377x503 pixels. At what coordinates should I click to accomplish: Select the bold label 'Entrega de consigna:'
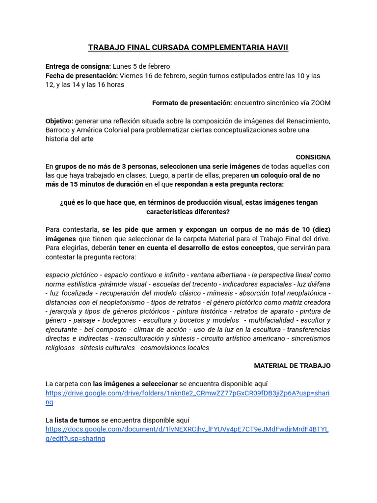[x=78, y=66]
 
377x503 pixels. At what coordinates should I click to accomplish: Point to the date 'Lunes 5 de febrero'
[x=141, y=66]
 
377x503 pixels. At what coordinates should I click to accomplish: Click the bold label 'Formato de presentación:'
[x=192, y=103]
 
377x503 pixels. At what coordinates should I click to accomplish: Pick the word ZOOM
[x=320, y=103]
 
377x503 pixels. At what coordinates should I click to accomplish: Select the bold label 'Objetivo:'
[x=59, y=121]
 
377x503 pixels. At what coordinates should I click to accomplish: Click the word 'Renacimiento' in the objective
[x=307, y=121]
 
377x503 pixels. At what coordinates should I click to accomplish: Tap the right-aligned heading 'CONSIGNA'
[x=313, y=157]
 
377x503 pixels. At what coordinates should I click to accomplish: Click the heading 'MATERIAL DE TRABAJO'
[x=292, y=366]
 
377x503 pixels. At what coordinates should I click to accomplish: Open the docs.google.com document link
[x=187, y=429]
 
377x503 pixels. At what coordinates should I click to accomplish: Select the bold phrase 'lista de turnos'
[x=77, y=420]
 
